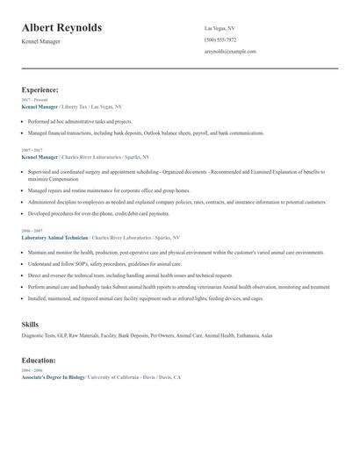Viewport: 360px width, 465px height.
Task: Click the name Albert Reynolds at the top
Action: point(61,27)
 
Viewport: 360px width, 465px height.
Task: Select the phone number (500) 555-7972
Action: point(220,39)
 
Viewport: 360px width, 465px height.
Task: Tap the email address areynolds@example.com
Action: point(230,51)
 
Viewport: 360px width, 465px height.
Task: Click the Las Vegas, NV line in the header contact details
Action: point(220,28)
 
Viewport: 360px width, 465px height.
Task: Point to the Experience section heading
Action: point(40,89)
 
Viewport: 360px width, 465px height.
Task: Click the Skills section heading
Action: point(29,325)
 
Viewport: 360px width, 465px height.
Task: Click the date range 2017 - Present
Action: point(32,100)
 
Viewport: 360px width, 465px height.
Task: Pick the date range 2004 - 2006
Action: point(32,370)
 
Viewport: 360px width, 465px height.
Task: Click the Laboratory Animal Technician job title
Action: point(56,238)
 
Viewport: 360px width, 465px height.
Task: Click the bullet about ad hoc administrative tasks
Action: point(80,121)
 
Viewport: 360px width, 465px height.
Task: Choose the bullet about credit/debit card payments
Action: point(98,213)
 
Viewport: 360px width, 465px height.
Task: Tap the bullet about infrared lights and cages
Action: point(145,298)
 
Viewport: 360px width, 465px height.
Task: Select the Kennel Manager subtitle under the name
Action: point(41,41)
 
